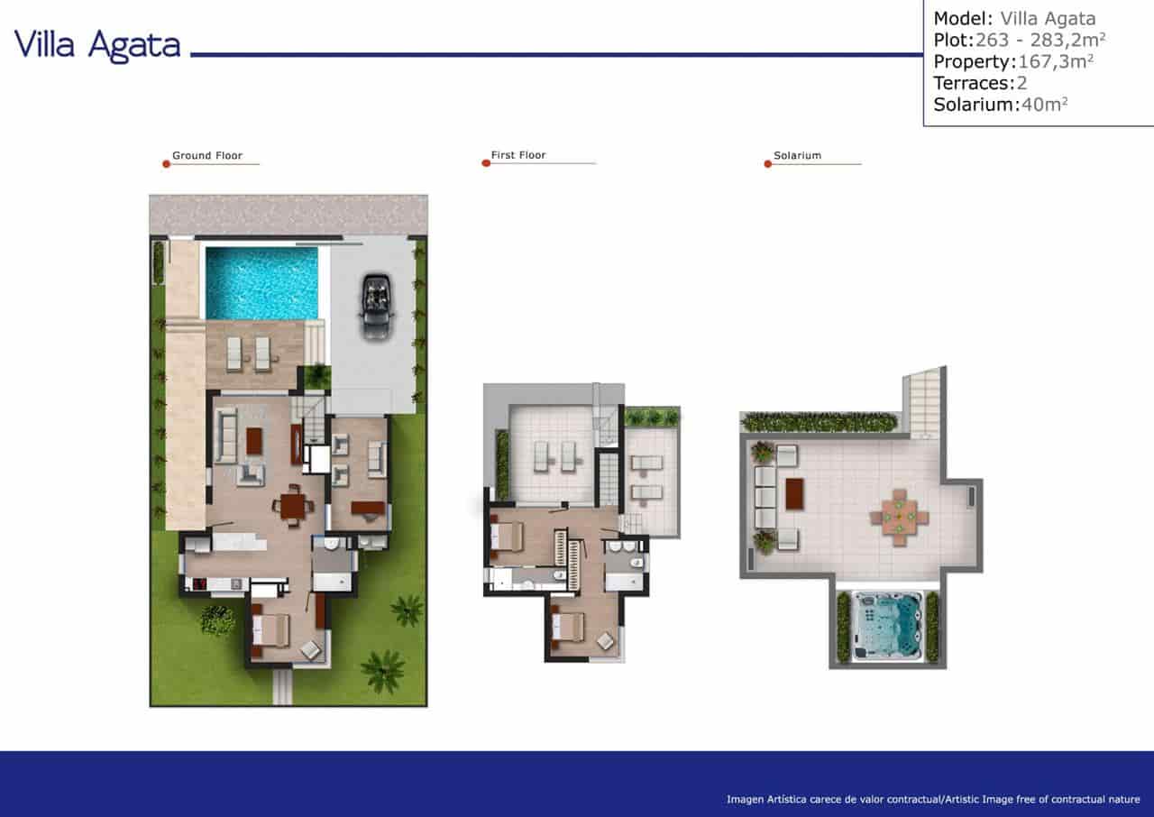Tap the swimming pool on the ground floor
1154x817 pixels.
coord(261,283)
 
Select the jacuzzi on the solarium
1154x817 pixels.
coord(888,627)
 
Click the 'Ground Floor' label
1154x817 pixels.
coord(207,156)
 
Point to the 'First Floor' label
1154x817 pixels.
coord(518,156)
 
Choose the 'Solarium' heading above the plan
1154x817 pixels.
coord(797,156)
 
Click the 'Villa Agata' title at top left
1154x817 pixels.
coord(97,45)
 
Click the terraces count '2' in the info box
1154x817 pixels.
coord(1022,83)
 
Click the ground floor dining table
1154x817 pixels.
coord(294,505)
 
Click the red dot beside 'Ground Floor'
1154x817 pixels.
coord(166,163)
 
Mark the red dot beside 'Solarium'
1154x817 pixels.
coord(768,164)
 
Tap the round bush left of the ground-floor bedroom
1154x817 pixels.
coord(217,620)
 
